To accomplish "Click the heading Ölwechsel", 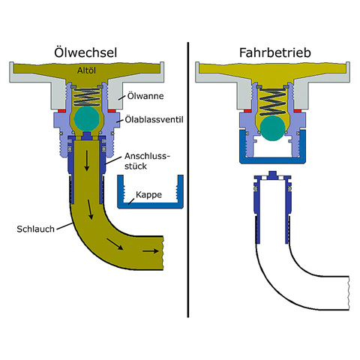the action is [85, 52].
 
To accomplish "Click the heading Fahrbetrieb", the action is [275, 52].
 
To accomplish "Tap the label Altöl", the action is [86, 70].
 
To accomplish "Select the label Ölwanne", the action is [145, 96].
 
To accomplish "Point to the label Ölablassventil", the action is [154, 119].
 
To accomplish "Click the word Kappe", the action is [148, 195].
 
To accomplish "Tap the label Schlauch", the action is [35, 229].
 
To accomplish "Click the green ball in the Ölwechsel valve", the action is [86, 119].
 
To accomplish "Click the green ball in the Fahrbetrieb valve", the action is [272, 128].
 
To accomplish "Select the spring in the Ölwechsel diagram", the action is [86, 97].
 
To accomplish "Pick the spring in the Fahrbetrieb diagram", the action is [272, 102].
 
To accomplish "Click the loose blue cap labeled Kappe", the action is [150, 205].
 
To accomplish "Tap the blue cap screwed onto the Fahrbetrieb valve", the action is [272, 160].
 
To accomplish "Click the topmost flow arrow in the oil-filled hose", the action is [87, 160].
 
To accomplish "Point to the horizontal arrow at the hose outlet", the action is [151, 250].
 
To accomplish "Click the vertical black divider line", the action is [188, 180].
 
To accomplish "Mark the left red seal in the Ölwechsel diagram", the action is [61, 110].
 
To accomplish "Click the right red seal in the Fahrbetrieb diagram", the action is [298, 110].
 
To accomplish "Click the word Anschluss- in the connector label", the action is [147, 156].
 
